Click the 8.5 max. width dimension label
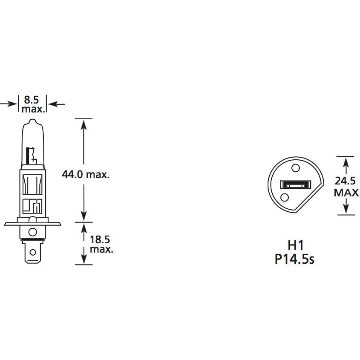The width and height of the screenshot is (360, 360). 32,104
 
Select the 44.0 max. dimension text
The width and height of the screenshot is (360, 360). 85,174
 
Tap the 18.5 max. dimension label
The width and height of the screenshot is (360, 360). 101,244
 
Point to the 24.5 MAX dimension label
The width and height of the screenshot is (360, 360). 346,187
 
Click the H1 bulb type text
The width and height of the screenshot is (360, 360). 295,245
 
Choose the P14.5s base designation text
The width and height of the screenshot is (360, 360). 294,259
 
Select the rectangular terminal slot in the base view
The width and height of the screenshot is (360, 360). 294,185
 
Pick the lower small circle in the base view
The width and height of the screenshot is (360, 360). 285,197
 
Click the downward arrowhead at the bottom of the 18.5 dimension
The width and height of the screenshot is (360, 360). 84,260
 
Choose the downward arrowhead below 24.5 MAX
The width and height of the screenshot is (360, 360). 346,210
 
